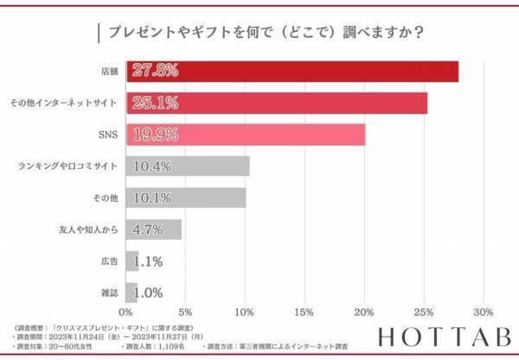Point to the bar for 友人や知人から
154,229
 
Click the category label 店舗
109,71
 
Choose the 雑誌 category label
109,292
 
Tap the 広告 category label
109,260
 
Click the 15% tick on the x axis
304,312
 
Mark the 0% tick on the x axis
126,312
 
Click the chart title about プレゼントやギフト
259,32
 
